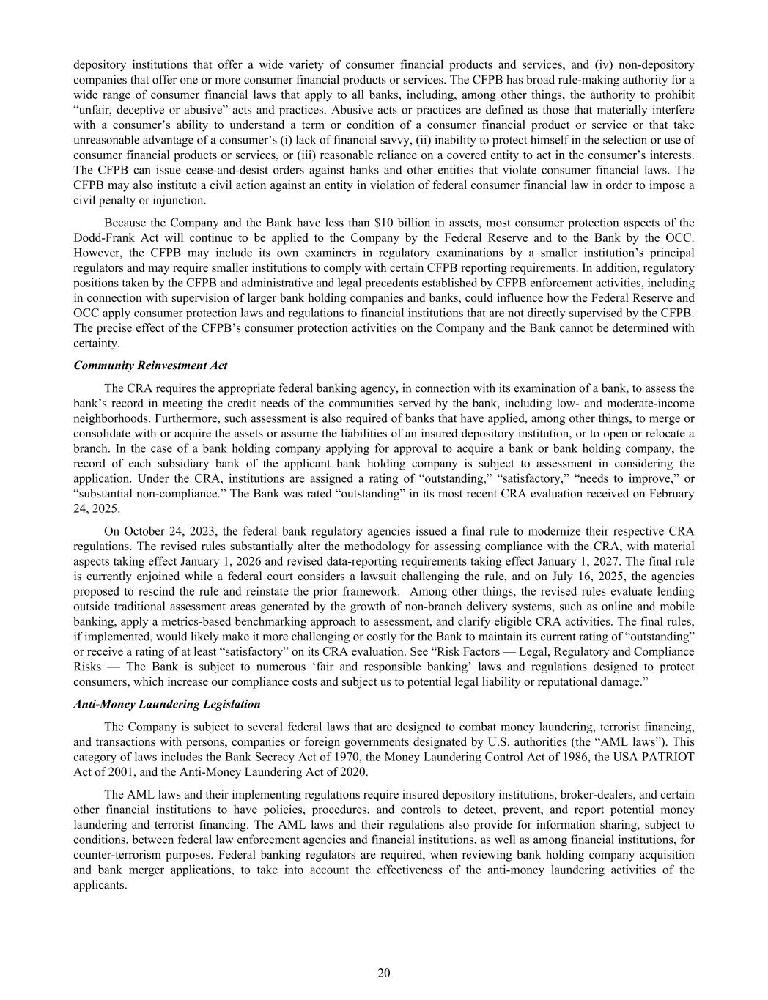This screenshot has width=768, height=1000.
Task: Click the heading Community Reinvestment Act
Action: click(x=150, y=366)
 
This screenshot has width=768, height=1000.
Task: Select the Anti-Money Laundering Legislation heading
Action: click(x=166, y=704)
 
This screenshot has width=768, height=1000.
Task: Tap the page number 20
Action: click(x=384, y=973)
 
